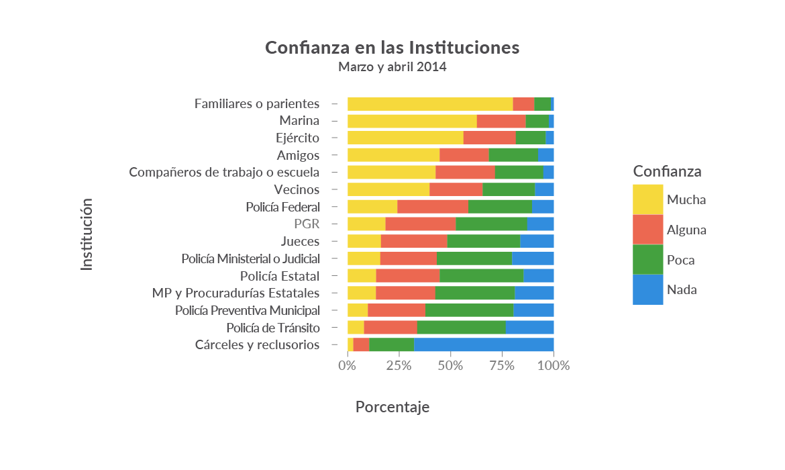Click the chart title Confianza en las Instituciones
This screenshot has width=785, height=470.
392,48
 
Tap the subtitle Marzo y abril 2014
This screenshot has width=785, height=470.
392,67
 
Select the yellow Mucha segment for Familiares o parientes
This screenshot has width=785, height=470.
429,104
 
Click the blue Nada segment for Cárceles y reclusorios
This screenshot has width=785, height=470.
483,345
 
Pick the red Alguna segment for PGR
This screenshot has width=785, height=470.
420,224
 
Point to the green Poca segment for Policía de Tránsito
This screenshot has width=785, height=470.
461,328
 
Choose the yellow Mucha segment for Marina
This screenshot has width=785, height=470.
411,122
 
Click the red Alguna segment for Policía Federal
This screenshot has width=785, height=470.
432,207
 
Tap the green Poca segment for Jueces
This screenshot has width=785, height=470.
483,242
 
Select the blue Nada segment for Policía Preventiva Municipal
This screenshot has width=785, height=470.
533,310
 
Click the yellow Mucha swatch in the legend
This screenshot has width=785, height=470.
647,199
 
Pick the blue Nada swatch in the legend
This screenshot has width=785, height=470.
647,289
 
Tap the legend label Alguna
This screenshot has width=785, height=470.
686,230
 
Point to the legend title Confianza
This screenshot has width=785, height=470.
667,171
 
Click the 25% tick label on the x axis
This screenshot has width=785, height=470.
399,366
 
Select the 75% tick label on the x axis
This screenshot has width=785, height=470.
502,366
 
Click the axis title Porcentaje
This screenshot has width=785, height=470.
392,407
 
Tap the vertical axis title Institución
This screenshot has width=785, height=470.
87,234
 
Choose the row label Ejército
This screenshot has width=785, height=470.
297,138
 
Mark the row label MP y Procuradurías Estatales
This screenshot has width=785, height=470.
235,293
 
